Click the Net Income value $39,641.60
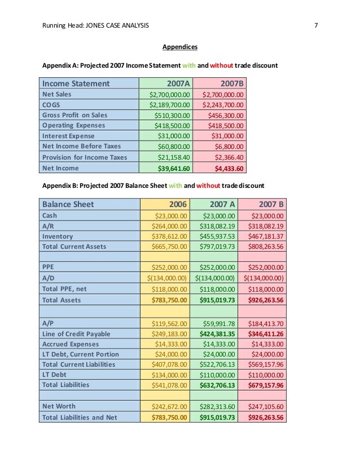175,168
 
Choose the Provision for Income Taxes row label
85,157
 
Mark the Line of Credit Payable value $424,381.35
217,333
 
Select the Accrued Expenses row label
71,344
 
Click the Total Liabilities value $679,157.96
264,385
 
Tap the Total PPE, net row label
66,289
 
